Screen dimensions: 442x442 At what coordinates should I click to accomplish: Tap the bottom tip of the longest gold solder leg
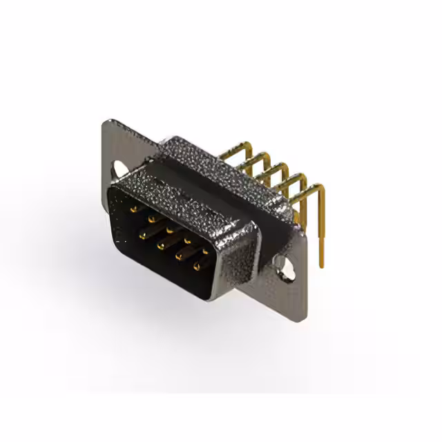pos(320,265)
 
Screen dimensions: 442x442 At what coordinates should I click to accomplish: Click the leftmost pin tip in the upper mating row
pos(133,205)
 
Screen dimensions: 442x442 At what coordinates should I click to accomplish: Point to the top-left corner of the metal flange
pos(105,123)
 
